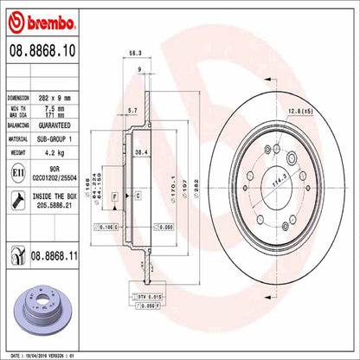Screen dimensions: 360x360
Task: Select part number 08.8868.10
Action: tap(42, 54)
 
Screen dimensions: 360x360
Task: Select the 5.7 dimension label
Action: tap(131, 111)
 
